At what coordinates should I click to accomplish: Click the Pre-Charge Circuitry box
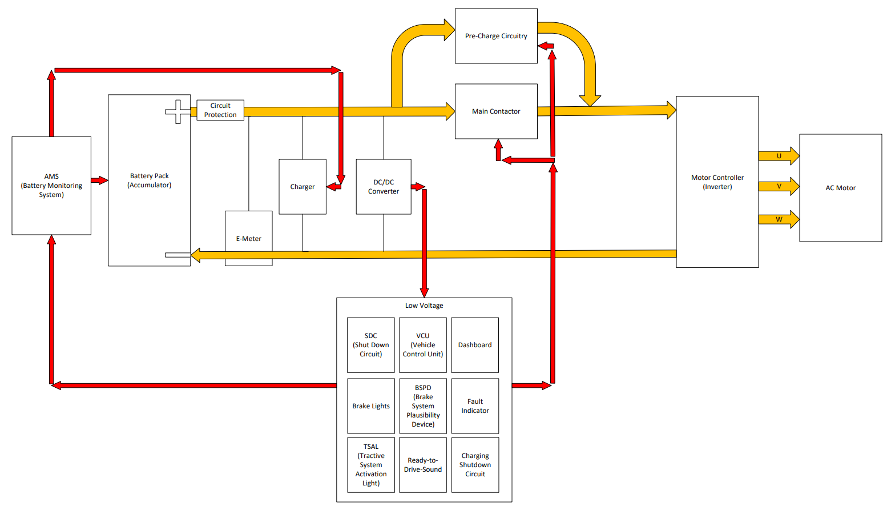[495, 36]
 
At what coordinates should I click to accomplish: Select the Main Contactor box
[495, 111]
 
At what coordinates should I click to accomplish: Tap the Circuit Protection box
[220, 110]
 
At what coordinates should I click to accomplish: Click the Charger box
[302, 187]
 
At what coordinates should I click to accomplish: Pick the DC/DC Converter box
[383, 187]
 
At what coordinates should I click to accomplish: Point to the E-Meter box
[248, 238]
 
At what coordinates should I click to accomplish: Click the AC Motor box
[840, 188]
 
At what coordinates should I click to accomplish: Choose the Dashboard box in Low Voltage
[475, 345]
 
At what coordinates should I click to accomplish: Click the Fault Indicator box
[475, 406]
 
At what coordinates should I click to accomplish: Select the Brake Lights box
[371, 406]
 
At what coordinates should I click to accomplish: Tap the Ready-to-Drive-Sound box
[423, 465]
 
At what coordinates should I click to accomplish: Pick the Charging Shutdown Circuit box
[475, 465]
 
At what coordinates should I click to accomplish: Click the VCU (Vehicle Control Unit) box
[423, 345]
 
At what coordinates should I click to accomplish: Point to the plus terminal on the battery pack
[178, 111]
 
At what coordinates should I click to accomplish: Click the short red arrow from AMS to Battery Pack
[99, 180]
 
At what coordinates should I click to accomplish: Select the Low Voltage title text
[424, 306]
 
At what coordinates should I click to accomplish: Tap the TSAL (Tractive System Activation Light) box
[371, 465]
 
